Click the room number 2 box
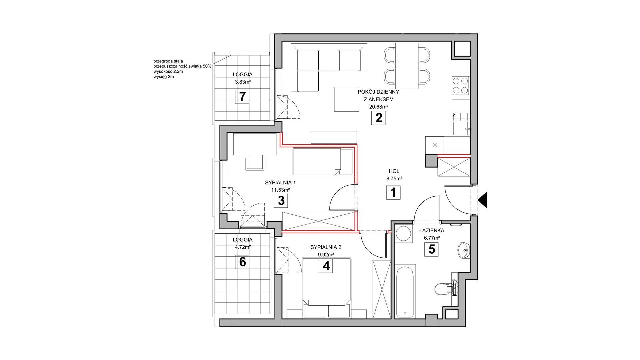[378, 118]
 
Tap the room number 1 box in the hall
[393, 193]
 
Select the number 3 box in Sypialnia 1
[281, 201]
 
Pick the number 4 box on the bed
[326, 266]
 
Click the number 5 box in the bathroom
[432, 249]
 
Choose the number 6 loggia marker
[242, 262]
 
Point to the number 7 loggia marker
[242, 97]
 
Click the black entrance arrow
[483, 200]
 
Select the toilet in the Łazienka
[445, 289]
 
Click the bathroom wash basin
[464, 250]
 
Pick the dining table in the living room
[407, 66]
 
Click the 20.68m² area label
[378, 107]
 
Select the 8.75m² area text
[394, 179]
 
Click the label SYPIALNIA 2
[326, 247]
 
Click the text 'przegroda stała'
[168, 61]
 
